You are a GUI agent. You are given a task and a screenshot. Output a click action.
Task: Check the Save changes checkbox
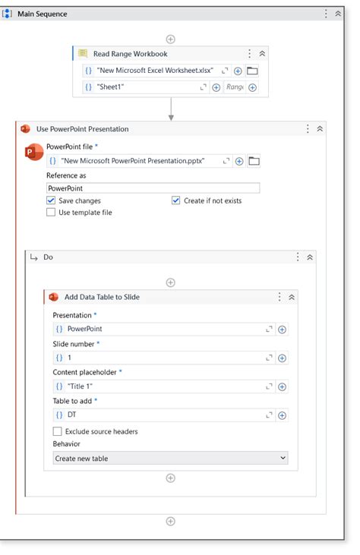click(51, 200)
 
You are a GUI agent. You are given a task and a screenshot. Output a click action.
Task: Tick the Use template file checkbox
click(51, 213)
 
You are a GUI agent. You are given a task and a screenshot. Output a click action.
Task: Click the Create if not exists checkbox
click(176, 200)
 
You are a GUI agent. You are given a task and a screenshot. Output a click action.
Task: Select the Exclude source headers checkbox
click(58, 431)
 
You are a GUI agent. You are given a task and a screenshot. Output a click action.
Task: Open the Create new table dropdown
click(170, 458)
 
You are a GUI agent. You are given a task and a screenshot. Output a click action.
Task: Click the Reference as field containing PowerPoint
click(152, 188)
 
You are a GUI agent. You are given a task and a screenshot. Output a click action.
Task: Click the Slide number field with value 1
click(159, 358)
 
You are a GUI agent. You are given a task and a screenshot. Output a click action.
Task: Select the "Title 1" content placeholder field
click(159, 386)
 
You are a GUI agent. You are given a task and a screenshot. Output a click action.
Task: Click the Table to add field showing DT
click(159, 415)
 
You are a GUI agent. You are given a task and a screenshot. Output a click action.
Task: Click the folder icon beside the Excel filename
click(253, 71)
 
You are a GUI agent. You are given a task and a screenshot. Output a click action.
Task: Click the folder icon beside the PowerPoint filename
click(254, 161)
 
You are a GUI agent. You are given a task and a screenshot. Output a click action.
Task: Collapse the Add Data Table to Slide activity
click(292, 297)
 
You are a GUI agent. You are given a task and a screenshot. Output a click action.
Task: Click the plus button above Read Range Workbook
click(170, 38)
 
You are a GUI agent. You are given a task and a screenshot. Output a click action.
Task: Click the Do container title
click(48, 257)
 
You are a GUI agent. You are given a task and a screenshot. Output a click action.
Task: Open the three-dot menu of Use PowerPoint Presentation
click(308, 129)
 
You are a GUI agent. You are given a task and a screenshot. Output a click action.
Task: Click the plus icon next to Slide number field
click(282, 358)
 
